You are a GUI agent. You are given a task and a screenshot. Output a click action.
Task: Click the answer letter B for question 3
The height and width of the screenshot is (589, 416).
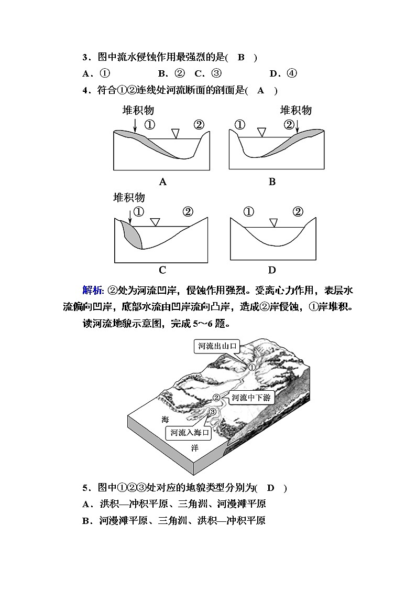(x=242, y=57)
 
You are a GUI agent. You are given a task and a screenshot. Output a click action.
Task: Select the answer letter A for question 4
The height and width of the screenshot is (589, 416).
(x=261, y=90)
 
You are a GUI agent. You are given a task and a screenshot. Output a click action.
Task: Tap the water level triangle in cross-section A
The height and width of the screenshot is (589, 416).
(x=176, y=133)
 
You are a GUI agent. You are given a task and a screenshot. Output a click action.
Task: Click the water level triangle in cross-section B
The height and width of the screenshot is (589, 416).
(x=261, y=132)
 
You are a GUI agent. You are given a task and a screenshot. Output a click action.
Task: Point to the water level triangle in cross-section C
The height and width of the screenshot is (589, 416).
(x=154, y=222)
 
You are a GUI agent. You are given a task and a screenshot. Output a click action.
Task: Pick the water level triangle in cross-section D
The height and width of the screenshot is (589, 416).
(x=272, y=222)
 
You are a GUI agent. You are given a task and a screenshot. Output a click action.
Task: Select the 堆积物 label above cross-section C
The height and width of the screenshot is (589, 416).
(x=129, y=198)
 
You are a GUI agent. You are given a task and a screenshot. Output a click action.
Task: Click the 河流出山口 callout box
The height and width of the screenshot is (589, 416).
(x=217, y=346)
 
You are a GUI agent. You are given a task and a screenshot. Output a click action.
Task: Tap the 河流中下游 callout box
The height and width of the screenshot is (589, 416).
(x=250, y=398)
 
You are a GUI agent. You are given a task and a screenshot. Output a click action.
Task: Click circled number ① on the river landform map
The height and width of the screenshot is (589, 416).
(x=251, y=367)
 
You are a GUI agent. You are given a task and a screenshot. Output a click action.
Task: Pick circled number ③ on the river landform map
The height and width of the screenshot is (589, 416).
(x=212, y=412)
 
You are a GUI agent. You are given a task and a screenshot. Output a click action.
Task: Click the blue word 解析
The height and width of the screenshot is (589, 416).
(x=93, y=291)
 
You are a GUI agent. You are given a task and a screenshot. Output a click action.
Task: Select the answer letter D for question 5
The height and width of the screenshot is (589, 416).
(x=271, y=488)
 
